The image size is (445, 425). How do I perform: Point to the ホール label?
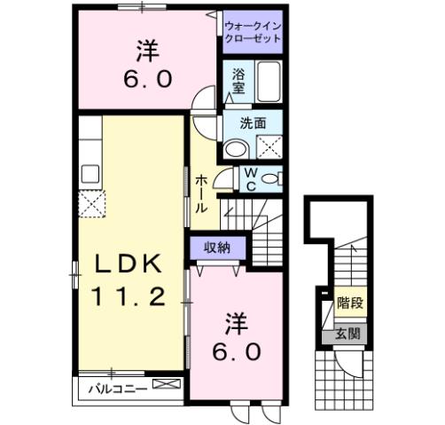pyautogui.click(x=202, y=190)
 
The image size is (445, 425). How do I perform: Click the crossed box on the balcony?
pyautogui.click(x=165, y=385)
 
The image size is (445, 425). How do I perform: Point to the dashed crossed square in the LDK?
pyautogui.click(x=92, y=206)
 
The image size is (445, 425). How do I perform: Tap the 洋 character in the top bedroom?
pyautogui.click(x=146, y=47)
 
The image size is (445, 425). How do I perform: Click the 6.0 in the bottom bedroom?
pyautogui.click(x=235, y=351)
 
